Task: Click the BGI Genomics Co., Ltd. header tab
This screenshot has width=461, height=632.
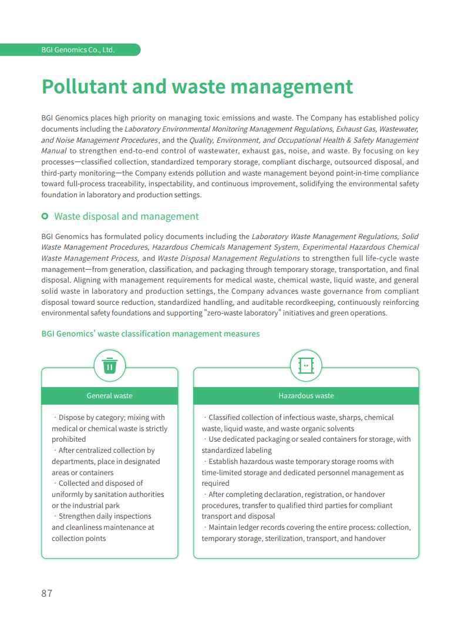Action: [x=78, y=50]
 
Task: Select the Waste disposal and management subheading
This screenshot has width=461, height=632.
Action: [x=126, y=217]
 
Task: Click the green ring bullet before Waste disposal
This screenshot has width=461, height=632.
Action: [x=45, y=217]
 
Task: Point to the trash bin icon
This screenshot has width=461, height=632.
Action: [x=109, y=365]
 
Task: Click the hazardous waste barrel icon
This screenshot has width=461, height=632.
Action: [x=306, y=365]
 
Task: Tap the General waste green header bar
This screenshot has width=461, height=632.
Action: [x=109, y=396]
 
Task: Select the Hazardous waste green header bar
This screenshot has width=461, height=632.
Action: [x=306, y=396]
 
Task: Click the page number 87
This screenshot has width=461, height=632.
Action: [x=47, y=593]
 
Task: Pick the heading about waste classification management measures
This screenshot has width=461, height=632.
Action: [x=150, y=334]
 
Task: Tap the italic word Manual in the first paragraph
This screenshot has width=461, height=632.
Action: [x=53, y=151]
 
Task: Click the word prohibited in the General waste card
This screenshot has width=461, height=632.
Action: [x=69, y=439]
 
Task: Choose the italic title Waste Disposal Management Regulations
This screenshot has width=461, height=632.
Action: [x=228, y=258]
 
